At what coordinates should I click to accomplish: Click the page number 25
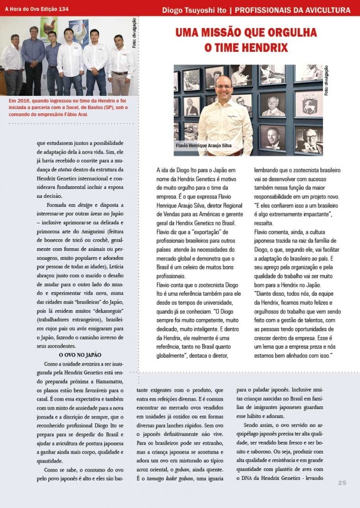[342, 482]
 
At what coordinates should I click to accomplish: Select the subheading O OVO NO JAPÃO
[79, 354]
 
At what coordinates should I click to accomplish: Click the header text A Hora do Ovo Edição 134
[37, 10]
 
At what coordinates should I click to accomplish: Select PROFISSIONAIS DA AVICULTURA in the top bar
[293, 10]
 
